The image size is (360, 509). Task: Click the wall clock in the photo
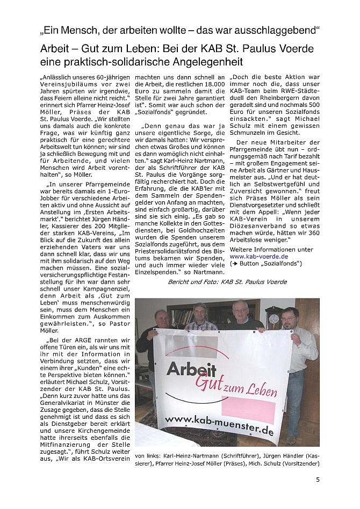click(x=274, y=318)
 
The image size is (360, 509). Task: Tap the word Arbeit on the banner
click(x=191, y=369)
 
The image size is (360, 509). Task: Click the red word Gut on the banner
click(x=210, y=382)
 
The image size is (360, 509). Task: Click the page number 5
click(x=318, y=480)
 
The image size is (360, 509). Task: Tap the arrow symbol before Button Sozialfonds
click(x=233, y=264)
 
